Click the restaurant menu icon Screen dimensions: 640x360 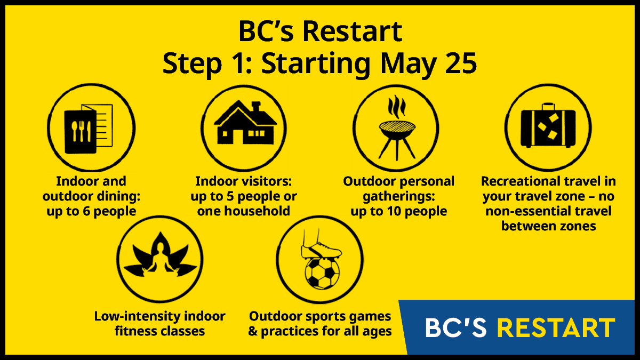89,129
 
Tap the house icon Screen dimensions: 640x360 245,122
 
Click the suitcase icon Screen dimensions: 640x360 548,126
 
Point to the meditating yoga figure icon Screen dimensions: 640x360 161,255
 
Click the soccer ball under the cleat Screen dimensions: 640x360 322,273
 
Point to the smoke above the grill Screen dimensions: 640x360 397,107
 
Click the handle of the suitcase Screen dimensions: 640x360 548,107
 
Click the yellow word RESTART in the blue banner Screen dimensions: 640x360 556,327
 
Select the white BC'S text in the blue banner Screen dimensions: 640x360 455,327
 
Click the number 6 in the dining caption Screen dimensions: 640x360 86,211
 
